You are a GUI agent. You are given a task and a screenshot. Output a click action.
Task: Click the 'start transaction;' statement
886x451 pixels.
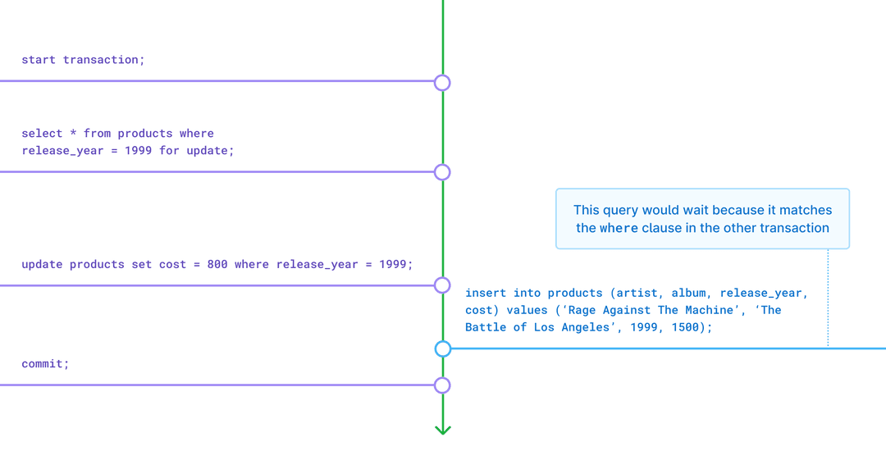(x=83, y=60)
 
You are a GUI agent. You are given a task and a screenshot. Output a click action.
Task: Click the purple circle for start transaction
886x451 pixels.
(x=442, y=82)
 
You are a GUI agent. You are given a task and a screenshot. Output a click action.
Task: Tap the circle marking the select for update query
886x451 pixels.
(x=442, y=172)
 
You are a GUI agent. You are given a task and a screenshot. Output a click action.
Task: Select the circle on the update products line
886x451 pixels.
(x=442, y=285)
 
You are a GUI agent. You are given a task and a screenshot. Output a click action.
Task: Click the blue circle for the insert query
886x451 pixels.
(x=443, y=348)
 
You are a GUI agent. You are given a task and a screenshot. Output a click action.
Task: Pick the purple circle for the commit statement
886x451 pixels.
(x=442, y=385)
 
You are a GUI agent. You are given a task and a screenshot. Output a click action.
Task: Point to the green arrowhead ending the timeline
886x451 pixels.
(x=443, y=429)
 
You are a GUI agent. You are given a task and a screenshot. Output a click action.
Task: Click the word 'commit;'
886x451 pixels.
(x=45, y=363)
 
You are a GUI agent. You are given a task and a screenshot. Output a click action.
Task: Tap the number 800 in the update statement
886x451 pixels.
(x=217, y=265)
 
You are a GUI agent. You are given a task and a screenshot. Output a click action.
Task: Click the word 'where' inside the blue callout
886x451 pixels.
(x=619, y=229)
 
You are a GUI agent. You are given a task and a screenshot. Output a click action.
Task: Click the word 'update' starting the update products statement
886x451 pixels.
(x=42, y=265)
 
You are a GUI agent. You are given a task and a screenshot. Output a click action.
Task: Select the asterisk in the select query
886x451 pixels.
(x=73, y=134)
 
